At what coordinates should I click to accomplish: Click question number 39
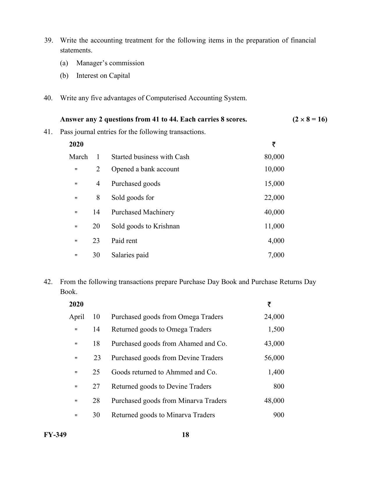[x=48, y=40]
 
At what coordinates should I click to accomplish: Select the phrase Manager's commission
[x=110, y=63]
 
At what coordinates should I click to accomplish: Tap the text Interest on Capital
[x=103, y=75]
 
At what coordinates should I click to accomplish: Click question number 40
[x=48, y=98]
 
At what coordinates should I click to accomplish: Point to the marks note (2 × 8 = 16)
[x=310, y=119]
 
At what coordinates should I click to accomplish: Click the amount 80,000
[x=274, y=157]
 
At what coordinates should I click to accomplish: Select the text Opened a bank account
[x=145, y=169]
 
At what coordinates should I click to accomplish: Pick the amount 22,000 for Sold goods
[x=274, y=198]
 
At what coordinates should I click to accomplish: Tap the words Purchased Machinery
[x=143, y=212]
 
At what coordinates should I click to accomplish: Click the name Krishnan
[x=167, y=226]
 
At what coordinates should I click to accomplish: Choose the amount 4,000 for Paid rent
[x=276, y=241]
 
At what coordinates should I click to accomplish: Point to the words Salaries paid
[x=130, y=255]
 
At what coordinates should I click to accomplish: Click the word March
[x=78, y=157]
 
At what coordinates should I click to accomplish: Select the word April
[x=77, y=317]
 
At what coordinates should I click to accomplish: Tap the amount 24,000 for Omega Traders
[x=274, y=317]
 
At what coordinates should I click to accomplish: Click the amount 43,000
[x=274, y=343]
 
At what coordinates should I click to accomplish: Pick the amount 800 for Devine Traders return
[x=279, y=386]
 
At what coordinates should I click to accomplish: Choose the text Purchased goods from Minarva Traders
[x=169, y=401]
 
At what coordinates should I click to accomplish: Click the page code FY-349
[x=55, y=435]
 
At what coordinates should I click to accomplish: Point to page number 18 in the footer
[x=185, y=435]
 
